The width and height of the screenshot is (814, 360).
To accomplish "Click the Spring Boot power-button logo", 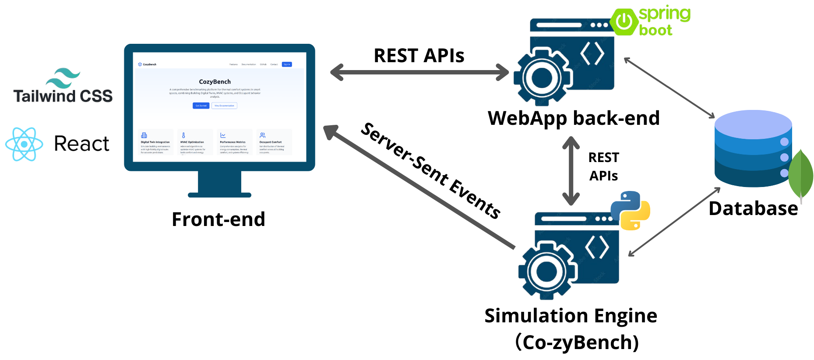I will tap(624, 21).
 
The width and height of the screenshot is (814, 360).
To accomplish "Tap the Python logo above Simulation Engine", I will tap(630, 211).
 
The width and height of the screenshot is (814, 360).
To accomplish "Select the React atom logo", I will tap(24, 144).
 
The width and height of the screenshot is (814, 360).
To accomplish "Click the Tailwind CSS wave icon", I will tap(63, 78).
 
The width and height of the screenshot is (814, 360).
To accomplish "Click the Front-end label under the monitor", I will tap(218, 219).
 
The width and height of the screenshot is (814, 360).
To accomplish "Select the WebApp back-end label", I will tap(574, 118).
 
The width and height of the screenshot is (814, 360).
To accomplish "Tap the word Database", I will tap(753, 208).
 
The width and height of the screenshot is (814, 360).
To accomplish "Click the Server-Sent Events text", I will tap(431, 171).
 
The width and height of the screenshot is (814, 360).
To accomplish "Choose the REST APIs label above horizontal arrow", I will tap(419, 56).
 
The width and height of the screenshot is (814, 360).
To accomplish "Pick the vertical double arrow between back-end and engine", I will tap(571, 171).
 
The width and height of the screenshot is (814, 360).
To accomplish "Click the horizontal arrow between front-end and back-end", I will tap(419, 72).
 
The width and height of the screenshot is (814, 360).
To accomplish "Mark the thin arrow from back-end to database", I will tap(669, 88).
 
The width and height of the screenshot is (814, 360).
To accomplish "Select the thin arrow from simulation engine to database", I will tap(674, 222).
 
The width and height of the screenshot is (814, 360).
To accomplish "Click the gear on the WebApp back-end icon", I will tap(542, 78).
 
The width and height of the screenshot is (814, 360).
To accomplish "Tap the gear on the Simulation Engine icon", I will tap(547, 271).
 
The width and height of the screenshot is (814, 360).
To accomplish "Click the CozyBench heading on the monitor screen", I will tap(215, 81).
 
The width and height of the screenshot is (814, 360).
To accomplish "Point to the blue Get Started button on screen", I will tap(201, 106).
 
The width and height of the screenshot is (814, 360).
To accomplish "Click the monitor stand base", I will tap(219, 194).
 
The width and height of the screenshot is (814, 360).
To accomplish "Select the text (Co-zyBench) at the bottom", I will tap(577, 342).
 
